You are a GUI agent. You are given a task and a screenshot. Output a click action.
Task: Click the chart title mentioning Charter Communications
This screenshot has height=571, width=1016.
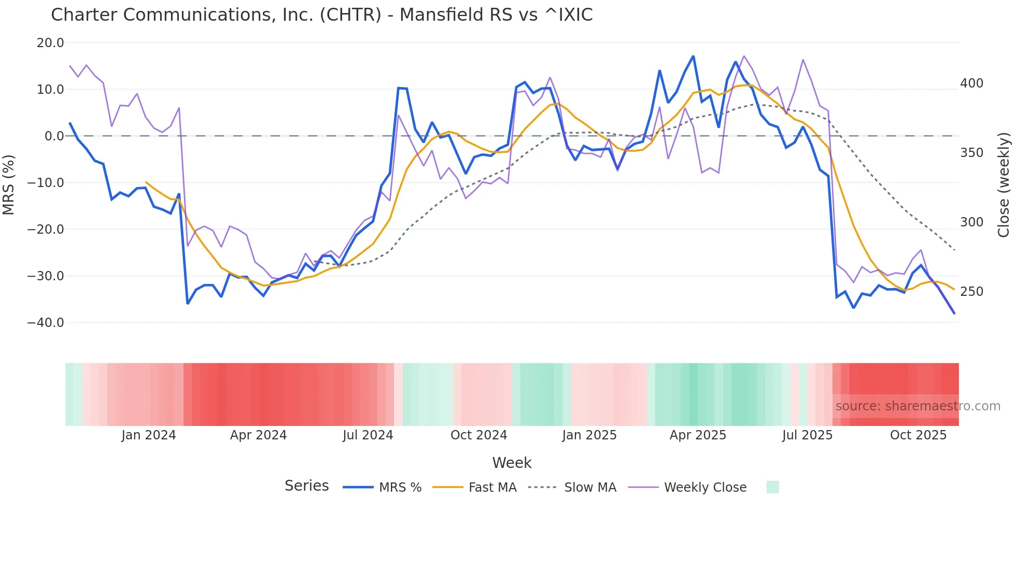(x=321, y=15)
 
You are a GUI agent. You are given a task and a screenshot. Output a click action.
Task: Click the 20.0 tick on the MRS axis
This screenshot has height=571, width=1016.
(x=50, y=43)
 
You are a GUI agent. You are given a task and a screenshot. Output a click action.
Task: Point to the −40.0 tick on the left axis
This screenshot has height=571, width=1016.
(x=46, y=323)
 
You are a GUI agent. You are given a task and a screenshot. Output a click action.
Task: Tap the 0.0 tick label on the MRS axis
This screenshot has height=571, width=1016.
(x=54, y=136)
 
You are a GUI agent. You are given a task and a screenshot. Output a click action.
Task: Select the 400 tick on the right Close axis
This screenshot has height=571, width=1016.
(x=971, y=83)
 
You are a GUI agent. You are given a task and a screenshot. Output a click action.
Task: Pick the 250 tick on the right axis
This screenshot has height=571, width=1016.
(x=971, y=292)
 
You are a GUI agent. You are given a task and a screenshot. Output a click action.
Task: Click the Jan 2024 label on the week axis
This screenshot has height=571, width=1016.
(x=149, y=435)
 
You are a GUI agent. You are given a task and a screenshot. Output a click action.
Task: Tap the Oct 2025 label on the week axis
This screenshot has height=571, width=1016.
(x=918, y=435)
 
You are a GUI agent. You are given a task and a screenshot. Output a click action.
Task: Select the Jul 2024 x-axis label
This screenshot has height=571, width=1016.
(x=368, y=435)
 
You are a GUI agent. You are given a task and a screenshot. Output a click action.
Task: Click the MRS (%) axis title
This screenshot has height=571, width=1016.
(x=9, y=184)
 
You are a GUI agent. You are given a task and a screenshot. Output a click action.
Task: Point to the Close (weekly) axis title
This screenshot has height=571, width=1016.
(x=1004, y=184)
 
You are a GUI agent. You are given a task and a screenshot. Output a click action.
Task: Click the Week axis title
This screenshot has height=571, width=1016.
(x=512, y=463)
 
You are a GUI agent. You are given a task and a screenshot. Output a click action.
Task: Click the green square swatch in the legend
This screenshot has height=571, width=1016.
(x=772, y=487)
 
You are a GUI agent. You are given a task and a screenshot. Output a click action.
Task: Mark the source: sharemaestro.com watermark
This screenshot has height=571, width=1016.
(x=918, y=406)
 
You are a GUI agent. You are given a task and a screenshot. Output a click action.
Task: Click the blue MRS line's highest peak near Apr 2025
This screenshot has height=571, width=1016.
(x=693, y=56)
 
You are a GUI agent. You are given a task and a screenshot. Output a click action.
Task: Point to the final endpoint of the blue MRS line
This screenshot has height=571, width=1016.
(x=954, y=313)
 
